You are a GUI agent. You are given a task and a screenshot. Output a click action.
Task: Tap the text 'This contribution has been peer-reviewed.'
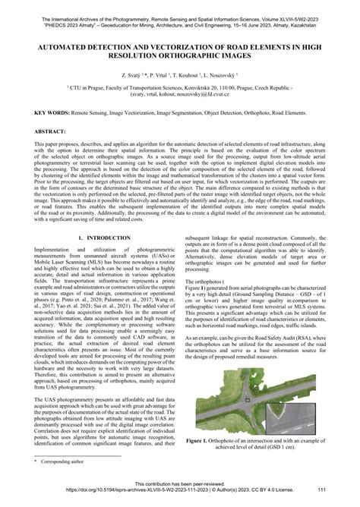pyautogui.click(x=179, y=483)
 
